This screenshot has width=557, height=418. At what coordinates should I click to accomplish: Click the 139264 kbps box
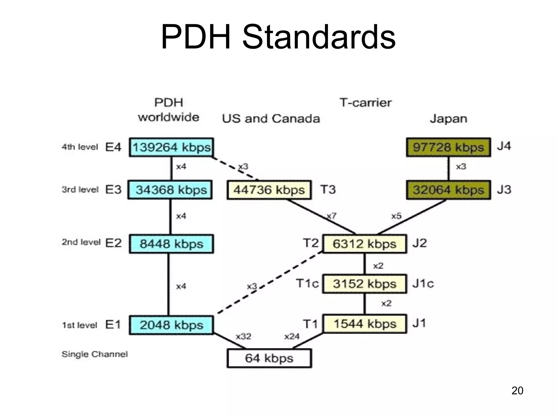pyautogui.click(x=171, y=147)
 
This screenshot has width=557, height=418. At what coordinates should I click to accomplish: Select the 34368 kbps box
pyautogui.click(x=170, y=190)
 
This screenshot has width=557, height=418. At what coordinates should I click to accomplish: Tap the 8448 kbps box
pyautogui.click(x=171, y=244)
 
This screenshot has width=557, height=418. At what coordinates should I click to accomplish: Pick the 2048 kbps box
pyautogui.click(x=171, y=325)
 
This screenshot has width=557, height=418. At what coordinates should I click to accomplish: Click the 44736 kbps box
pyautogui.click(x=269, y=190)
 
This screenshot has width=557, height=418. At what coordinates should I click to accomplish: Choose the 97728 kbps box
pyautogui.click(x=448, y=147)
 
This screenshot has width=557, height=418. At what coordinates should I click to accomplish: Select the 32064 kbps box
pyautogui.click(x=448, y=190)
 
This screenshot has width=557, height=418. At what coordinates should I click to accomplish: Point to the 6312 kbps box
pyautogui.click(x=364, y=244)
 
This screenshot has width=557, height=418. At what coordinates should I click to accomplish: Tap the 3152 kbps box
pyautogui.click(x=364, y=284)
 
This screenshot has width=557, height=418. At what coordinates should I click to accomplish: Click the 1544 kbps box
pyautogui.click(x=364, y=324)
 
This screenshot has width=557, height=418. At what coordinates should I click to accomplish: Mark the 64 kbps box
pyautogui.click(x=269, y=358)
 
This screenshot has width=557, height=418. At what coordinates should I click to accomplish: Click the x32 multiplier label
pyautogui.click(x=243, y=337)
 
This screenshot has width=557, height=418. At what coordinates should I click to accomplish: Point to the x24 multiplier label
pyautogui.click(x=292, y=337)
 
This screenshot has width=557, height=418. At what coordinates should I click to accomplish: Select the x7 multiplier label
pyautogui.click(x=332, y=216)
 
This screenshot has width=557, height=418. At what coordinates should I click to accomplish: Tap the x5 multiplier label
pyautogui.click(x=396, y=216)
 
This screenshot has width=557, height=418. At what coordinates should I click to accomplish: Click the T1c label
pyautogui.click(x=307, y=284)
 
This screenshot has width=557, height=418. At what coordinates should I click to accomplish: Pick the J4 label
pyautogui.click(x=504, y=146)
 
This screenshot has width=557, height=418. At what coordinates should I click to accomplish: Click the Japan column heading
pyautogui.click(x=448, y=119)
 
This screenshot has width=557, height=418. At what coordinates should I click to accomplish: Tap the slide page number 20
pyautogui.click(x=517, y=391)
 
